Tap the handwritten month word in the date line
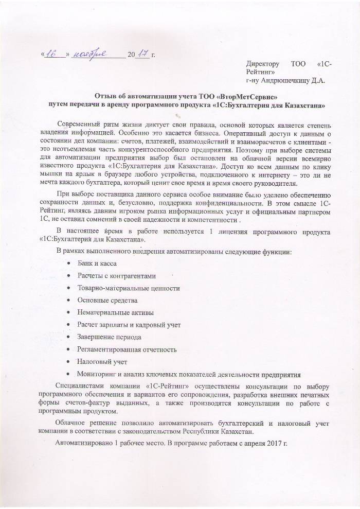[x=88, y=54]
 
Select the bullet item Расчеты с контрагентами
[x=116, y=275]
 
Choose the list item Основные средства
[x=107, y=300]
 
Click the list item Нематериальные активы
[x=115, y=312]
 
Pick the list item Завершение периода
[x=109, y=337]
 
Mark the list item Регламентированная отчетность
[x=127, y=349]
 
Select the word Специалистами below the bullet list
[x=79, y=387]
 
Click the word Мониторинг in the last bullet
[x=97, y=374]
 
